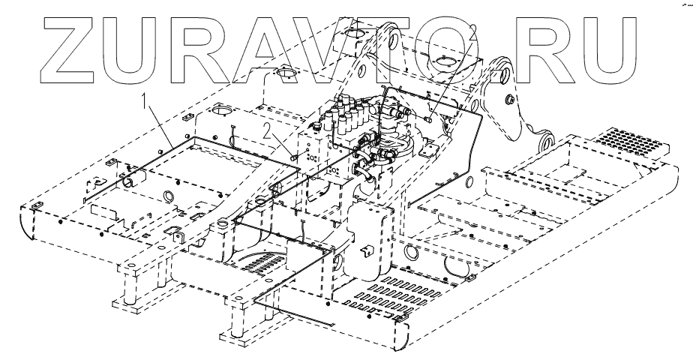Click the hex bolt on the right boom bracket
(510, 100)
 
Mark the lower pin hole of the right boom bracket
(546, 140)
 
